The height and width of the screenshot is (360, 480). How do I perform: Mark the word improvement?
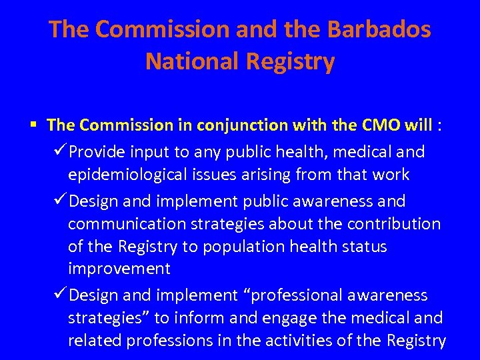pos(119,269)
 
